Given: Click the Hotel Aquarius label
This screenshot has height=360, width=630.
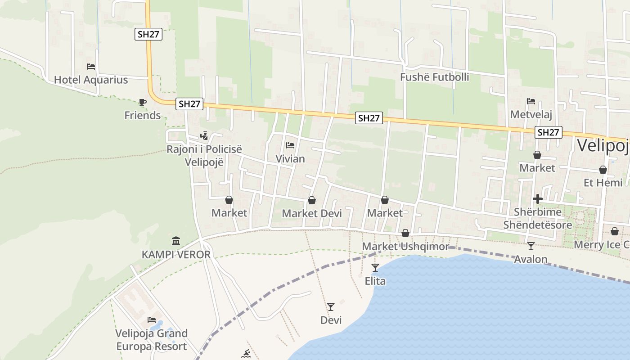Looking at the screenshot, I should pos(91,80).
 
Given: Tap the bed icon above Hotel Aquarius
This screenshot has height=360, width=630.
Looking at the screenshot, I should pos(91,67).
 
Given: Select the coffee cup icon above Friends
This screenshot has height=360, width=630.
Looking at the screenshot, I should pos(143,102).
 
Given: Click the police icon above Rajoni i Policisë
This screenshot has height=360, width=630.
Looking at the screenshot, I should pos(204,135).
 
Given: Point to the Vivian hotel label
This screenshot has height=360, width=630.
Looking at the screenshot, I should pos(290,159).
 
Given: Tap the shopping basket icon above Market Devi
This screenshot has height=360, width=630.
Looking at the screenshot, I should pos(312,200).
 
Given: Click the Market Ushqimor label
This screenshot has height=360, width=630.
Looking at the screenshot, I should pos(405,247).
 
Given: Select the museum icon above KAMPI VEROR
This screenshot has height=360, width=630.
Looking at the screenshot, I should pos(176,241).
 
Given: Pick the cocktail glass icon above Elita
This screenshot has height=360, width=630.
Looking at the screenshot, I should pos(375,268).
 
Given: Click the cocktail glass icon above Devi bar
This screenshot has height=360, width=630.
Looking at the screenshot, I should pos(331,307).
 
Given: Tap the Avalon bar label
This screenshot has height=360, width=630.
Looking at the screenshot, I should pos(531,259).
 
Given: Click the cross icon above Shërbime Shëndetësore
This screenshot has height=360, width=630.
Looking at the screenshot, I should pos(537,199).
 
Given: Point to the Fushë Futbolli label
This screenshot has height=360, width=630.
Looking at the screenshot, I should pos(434,77).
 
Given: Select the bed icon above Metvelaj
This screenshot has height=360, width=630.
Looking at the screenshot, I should pos(531,101).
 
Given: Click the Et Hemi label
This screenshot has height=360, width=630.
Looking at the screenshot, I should pos(603,183).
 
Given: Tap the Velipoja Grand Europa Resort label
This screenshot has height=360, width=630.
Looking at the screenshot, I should pos(151,340).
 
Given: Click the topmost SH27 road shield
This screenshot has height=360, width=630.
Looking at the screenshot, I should pos(148,34).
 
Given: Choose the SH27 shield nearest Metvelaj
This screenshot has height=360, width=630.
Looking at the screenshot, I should pos(549,132).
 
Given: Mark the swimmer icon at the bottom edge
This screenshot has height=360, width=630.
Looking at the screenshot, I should pos(246,354).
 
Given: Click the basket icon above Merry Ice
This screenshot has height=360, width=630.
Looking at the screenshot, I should pos(615,231).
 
